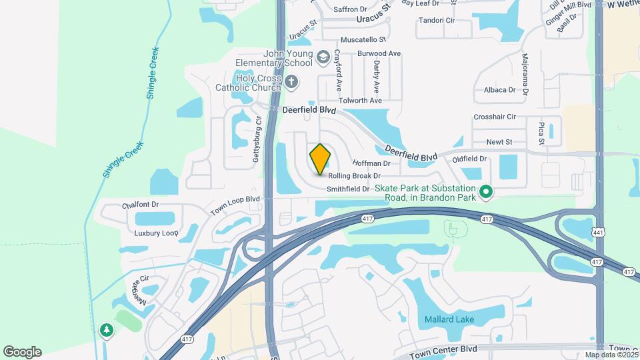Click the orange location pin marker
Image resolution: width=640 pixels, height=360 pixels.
click(x=321, y=159)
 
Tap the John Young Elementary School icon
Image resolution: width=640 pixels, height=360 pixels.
click(x=323, y=58)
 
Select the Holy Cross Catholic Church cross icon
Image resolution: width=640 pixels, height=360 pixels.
click(x=291, y=82)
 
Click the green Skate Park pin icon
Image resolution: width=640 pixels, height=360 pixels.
click(x=486, y=193)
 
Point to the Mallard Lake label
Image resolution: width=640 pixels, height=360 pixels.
click(x=450, y=319)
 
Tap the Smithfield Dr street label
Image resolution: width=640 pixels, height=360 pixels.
click(x=348, y=189)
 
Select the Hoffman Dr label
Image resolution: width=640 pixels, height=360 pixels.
click(x=371, y=163)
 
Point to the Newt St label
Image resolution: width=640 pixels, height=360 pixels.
click(x=499, y=142)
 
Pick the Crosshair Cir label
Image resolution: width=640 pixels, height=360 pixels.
click(x=495, y=117)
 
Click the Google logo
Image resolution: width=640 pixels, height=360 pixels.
click(x=22, y=351)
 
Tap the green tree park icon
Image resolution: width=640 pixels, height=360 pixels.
click(x=106, y=329)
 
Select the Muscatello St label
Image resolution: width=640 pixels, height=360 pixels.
click(x=363, y=40)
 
